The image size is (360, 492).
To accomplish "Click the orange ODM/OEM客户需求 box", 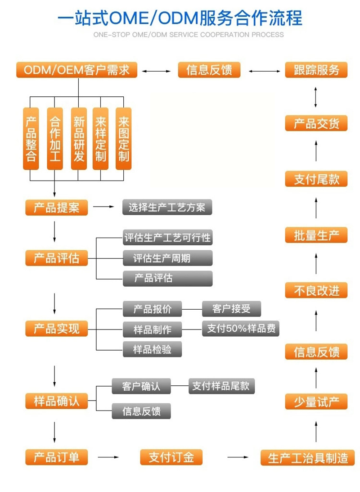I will click(76, 70).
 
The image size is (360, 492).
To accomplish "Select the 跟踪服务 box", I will click(316, 70).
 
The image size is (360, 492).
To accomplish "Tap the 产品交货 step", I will click(316, 123).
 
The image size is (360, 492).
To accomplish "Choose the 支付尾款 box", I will click(316, 179).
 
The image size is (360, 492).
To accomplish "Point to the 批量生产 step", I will click(316, 235).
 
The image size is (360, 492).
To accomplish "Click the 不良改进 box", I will click(316, 291).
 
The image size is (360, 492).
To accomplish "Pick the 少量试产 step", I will click(316, 402).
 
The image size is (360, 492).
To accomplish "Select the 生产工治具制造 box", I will click(308, 458).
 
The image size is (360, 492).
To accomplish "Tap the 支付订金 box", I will click(171, 457).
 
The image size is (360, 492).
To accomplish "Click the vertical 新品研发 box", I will click(78, 139).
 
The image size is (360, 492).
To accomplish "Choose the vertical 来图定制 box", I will click(123, 139).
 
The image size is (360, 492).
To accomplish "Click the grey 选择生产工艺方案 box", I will click(167, 208).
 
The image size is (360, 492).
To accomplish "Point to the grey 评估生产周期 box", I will click(167, 258).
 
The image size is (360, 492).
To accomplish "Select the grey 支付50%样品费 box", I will click(241, 328).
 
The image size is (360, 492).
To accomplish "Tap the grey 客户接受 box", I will click(231, 309).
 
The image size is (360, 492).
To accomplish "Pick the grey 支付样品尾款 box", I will click(221, 386).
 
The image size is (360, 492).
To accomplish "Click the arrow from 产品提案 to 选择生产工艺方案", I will click(104, 207).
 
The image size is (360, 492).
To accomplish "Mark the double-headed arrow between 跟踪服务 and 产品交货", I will click(316, 97).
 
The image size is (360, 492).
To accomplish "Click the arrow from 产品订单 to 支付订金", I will click(108, 457).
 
